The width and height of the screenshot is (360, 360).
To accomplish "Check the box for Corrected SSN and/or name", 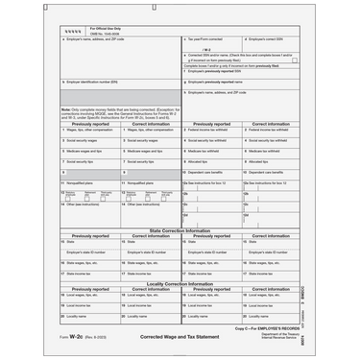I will pos(294,60).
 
